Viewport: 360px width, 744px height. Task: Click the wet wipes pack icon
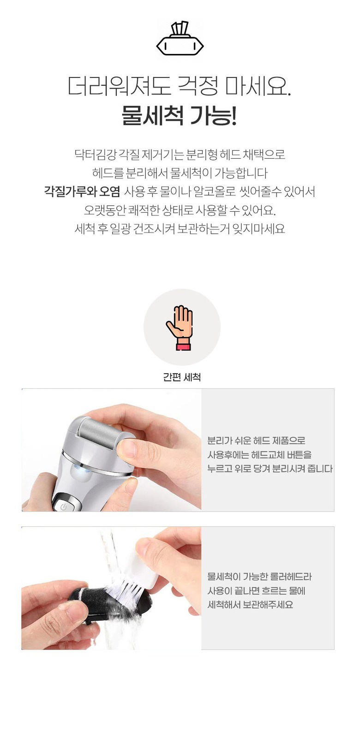[180, 39]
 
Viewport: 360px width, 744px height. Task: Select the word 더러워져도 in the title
[119, 86]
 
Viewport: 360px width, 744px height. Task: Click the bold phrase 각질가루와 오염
[82, 191]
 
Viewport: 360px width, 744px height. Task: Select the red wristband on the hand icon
[184, 347]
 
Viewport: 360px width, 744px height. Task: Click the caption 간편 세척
[182, 377]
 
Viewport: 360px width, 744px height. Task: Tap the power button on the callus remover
[63, 507]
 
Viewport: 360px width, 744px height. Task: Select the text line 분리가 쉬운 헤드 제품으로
[256, 441]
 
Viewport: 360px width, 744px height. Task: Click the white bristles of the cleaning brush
[126, 589]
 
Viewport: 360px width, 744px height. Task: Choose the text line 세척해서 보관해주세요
[250, 605]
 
